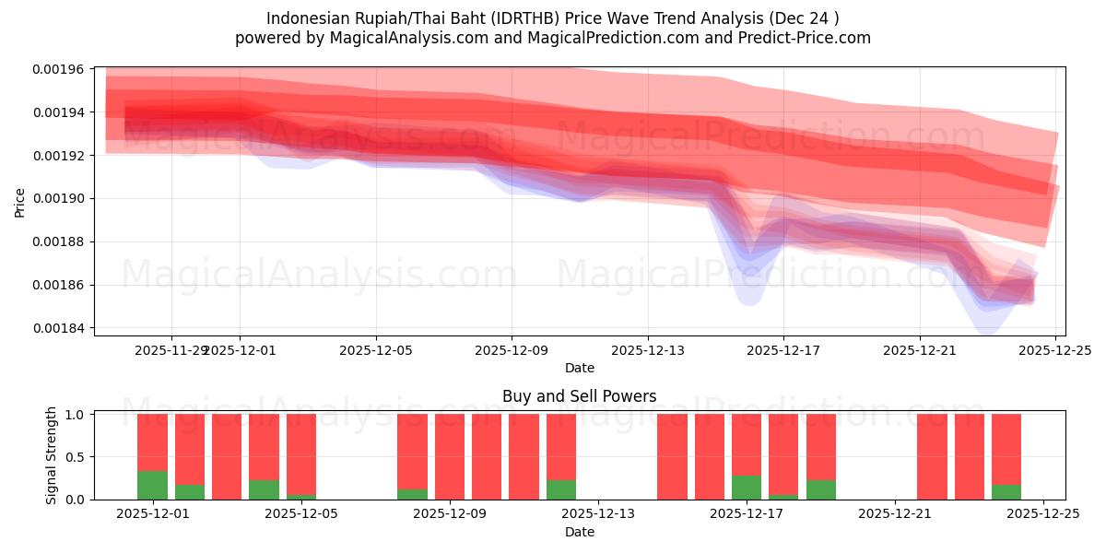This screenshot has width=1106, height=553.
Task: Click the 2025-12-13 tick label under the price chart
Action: (647, 350)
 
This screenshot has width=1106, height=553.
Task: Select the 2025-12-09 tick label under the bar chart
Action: (450, 514)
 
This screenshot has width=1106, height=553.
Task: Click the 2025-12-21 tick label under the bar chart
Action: (895, 514)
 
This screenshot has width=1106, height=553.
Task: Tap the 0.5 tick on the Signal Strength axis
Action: (76, 457)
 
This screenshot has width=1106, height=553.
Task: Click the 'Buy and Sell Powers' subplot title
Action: (579, 396)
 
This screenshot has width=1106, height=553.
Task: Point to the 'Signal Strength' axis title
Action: (52, 455)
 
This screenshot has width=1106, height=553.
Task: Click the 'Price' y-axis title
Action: (19, 202)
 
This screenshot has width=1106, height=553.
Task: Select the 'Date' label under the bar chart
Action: (579, 532)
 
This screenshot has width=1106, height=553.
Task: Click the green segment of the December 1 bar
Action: (152, 486)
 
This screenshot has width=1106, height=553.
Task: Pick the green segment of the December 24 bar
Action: (1006, 492)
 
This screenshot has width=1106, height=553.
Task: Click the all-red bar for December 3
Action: (227, 457)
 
